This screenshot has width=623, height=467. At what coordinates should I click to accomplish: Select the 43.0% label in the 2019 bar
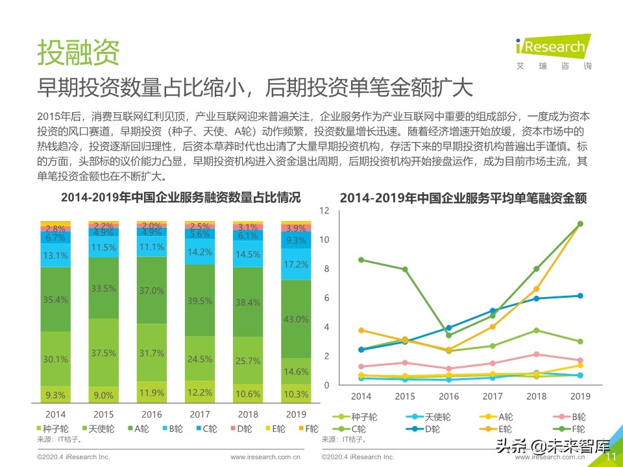point(295,319)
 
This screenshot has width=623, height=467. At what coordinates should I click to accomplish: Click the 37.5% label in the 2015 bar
point(104,353)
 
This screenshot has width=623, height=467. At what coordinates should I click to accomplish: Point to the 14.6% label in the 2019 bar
point(295,372)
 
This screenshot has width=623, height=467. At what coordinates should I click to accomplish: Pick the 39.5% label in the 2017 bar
point(199,301)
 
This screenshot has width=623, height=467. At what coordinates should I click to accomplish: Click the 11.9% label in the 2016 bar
point(152,392)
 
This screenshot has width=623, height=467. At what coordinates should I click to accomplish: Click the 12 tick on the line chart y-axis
point(325,211)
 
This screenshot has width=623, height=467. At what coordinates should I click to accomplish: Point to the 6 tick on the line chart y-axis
point(327,298)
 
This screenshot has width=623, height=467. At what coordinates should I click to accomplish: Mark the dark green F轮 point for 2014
point(361,260)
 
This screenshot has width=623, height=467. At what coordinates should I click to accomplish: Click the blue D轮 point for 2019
point(580,296)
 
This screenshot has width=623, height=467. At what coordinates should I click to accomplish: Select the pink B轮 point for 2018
point(536,354)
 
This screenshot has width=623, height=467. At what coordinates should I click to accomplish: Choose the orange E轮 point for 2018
point(536,289)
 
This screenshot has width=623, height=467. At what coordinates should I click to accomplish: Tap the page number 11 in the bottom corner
point(611,457)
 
